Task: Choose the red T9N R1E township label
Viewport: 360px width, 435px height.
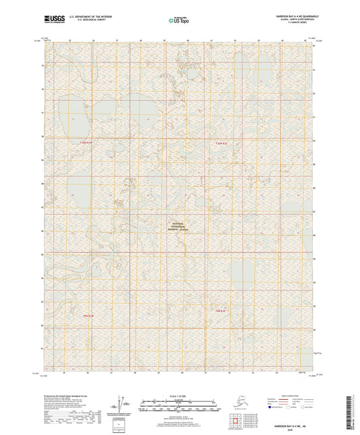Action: pos(220,311)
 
